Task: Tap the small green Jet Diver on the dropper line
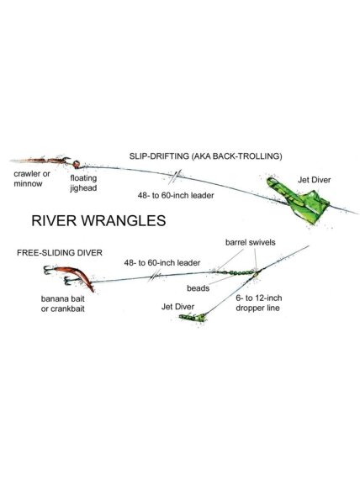(x=192, y=317)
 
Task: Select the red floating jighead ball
(x=77, y=164)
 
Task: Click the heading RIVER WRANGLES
(x=98, y=221)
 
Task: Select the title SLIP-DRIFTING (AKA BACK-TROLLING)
(x=205, y=156)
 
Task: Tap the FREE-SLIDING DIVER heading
(x=60, y=253)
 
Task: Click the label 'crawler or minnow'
(x=32, y=179)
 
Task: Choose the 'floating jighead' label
(x=83, y=183)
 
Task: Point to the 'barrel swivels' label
(x=251, y=242)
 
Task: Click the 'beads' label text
(x=198, y=288)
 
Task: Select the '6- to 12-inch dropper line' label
(x=258, y=303)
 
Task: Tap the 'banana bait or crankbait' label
(x=63, y=303)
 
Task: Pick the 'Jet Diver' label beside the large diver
(x=315, y=180)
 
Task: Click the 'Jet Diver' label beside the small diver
(x=177, y=307)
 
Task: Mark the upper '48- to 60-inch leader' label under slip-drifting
(x=176, y=195)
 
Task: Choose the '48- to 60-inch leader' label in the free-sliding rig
(x=162, y=262)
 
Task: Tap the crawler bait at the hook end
(x=40, y=160)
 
